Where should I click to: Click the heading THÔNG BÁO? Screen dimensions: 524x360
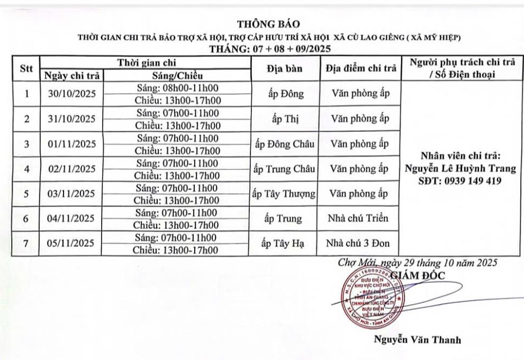[x=268, y=24]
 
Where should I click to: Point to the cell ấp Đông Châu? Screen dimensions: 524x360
[x=284, y=143]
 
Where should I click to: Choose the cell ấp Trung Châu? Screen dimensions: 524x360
[x=284, y=169]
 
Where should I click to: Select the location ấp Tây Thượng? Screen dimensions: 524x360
[x=284, y=194]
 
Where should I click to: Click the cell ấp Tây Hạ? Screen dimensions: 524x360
[x=284, y=244]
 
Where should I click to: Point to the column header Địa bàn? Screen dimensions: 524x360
[x=284, y=69]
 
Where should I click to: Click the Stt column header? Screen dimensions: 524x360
[x=26, y=69]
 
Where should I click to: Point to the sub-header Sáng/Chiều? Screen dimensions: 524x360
[x=175, y=75]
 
